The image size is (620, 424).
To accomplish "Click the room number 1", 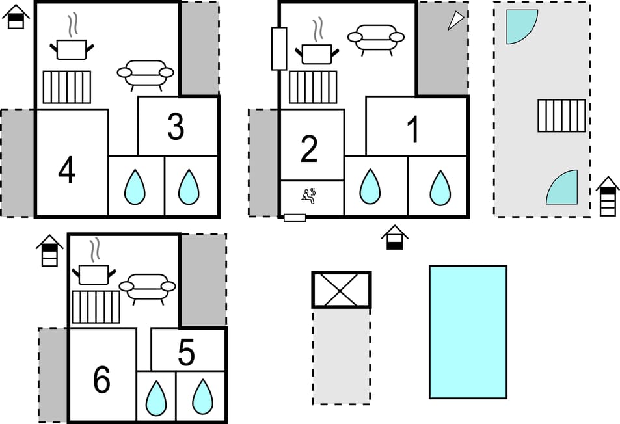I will click(413, 131).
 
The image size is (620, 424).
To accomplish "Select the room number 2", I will click(309, 149).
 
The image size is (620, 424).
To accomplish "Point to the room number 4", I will click(66, 171).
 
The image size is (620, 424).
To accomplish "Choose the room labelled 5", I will click(186, 353).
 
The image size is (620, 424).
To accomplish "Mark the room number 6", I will click(101, 380).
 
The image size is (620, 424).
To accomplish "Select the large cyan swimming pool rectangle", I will click(468, 332).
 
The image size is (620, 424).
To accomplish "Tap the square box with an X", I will click(341, 289).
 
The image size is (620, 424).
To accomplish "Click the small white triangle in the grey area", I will click(457, 21).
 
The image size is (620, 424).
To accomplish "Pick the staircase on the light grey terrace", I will click(561, 116).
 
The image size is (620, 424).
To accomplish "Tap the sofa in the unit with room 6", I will click(147, 288).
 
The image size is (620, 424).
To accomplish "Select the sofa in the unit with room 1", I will click(373, 39).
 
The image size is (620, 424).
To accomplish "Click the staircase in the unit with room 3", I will click(67, 87).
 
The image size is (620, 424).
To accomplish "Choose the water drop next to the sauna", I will click(370, 187).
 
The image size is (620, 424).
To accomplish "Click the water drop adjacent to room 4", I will click(135, 187).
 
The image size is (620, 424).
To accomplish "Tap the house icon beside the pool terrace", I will click(607, 196).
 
